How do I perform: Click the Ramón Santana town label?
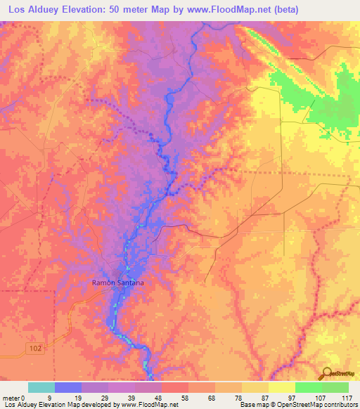(x=118, y=283)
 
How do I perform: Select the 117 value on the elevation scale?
(x=347, y=398)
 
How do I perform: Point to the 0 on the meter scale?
(x=24, y=398)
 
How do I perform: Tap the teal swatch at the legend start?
(x=41, y=387)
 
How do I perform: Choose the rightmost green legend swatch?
(x=335, y=387)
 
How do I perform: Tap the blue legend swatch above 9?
(x=68, y=387)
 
